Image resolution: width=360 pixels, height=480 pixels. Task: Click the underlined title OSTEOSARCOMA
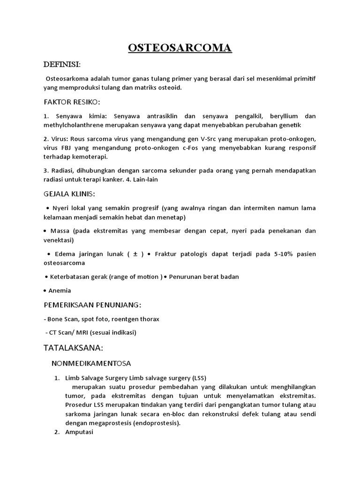pos(180,48)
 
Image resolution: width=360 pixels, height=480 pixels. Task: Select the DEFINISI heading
pos(62,64)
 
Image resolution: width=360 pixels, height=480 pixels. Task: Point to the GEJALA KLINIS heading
pos(69,194)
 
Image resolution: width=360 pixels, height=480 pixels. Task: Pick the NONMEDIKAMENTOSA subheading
pos(91,363)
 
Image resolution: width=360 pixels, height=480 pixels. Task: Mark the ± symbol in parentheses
pos(135,254)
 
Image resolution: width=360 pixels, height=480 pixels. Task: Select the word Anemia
pos(60,291)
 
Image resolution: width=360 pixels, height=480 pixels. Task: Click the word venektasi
pos(58,240)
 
